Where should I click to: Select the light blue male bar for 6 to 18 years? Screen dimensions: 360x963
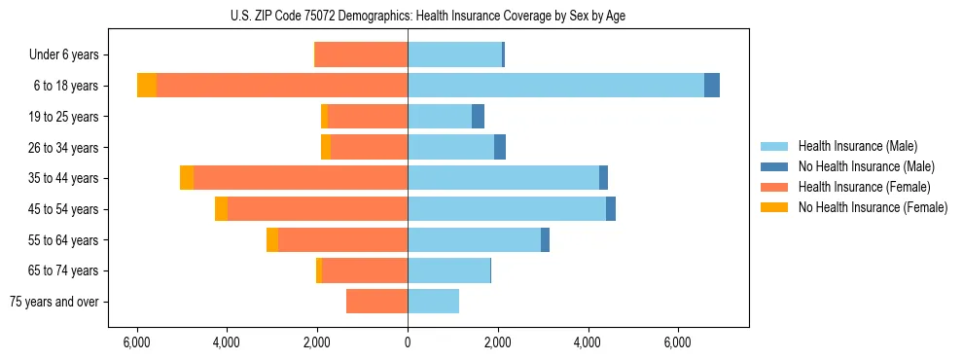tap(555, 86)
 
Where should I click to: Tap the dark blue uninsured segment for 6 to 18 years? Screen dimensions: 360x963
tap(712, 86)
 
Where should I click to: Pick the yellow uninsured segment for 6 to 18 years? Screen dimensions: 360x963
tap(147, 86)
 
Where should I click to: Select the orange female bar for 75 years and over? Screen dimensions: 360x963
tap(376, 302)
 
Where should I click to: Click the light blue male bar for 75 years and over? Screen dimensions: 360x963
tap(433, 302)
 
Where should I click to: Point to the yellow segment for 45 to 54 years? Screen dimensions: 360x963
tap(222, 209)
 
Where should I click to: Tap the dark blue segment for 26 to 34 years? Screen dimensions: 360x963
tap(500, 147)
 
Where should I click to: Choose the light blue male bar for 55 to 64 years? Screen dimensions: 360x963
tap(474, 239)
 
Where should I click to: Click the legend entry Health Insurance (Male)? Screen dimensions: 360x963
tap(857, 146)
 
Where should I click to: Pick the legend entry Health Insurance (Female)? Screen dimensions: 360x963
tap(864, 187)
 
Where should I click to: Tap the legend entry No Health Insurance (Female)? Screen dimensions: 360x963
tap(873, 207)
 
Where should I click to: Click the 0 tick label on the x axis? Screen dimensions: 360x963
tap(408, 342)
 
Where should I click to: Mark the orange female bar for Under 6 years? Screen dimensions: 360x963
tap(362, 54)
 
